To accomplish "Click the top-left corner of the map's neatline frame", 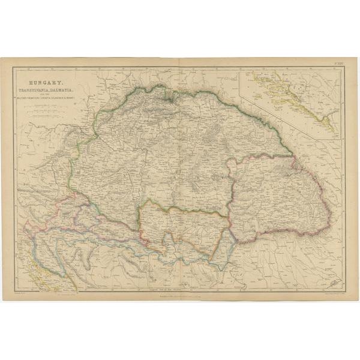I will click(x=14, y=67).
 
